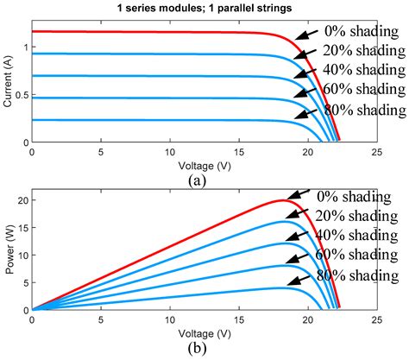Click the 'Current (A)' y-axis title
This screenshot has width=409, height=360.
click(x=8, y=82)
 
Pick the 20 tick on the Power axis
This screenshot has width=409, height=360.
click(x=22, y=200)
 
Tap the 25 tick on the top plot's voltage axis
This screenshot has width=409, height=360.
click(x=375, y=151)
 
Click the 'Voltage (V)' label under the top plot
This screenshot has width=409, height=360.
click(x=203, y=161)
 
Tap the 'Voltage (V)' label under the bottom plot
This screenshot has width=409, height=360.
click(x=203, y=328)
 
